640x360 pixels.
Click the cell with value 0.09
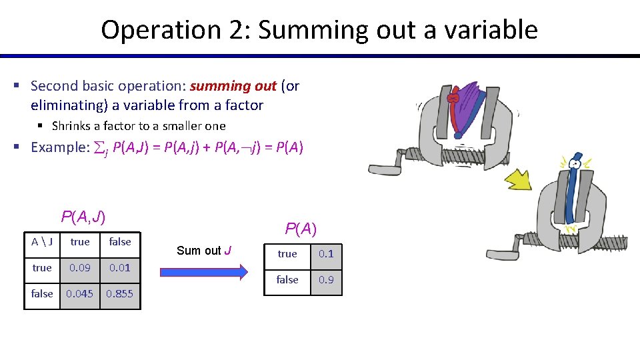tap(80, 267)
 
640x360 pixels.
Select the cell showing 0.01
tap(120, 267)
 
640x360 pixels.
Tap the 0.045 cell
tap(80, 293)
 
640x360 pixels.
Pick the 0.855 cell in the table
tap(120, 293)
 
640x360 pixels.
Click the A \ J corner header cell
tap(42, 242)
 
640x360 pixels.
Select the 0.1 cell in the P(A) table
tap(326, 254)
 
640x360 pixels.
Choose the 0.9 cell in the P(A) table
tap(326, 280)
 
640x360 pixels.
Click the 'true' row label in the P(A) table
tap(287, 254)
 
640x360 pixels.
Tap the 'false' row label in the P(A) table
tap(287, 280)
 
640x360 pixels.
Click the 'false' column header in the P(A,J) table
tap(120, 242)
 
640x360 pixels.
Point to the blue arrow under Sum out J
tap(204, 270)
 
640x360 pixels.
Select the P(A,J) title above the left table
tap(83, 216)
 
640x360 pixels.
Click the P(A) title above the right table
tap(301, 229)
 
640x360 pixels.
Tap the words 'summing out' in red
tap(233, 86)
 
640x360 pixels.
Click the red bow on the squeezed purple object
tap(455, 99)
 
